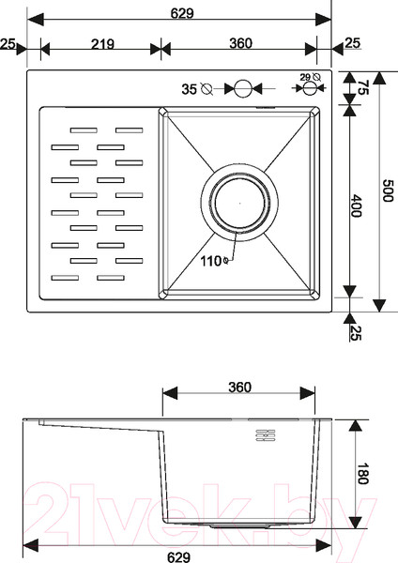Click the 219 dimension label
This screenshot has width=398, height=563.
pyautogui.click(x=102, y=44)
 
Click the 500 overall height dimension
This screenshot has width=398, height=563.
pyautogui.click(x=388, y=190)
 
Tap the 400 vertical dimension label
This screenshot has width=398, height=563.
pyautogui.click(x=356, y=205)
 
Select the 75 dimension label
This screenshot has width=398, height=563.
pyautogui.click(x=362, y=87)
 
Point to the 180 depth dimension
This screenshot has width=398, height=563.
pyautogui.click(x=362, y=473)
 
